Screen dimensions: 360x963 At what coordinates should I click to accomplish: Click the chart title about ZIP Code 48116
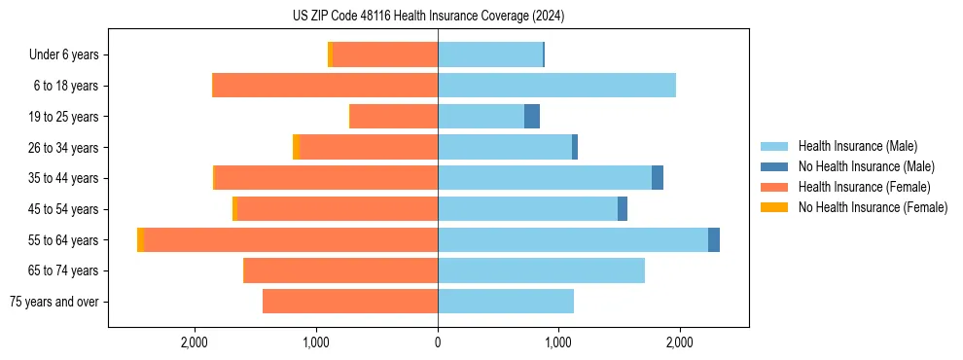[x=428, y=17]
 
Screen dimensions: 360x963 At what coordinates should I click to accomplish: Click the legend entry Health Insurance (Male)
[x=857, y=146]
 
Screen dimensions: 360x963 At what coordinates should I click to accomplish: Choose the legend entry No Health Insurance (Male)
[x=866, y=166]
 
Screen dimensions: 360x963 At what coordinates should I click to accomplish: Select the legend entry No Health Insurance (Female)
[x=872, y=207]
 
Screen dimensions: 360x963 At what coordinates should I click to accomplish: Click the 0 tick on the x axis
[x=438, y=342]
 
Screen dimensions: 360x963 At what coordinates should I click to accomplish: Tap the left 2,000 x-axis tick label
[x=196, y=342]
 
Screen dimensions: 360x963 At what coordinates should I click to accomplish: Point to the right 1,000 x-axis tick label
[x=558, y=342]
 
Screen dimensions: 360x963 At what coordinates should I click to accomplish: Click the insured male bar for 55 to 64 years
[x=573, y=240]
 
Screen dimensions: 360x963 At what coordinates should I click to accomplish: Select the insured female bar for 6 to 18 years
[x=325, y=86]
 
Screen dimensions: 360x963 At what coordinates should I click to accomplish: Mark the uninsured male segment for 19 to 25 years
[x=532, y=117]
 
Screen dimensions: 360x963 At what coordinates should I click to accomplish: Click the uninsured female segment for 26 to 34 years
[x=296, y=148]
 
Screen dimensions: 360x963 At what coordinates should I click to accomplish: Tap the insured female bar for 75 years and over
[x=350, y=302]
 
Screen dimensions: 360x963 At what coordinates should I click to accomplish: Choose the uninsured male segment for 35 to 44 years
[x=658, y=178]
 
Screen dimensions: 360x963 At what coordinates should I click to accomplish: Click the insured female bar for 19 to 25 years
[x=394, y=117]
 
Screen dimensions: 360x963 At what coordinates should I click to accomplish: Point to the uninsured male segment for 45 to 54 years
[x=623, y=209]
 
